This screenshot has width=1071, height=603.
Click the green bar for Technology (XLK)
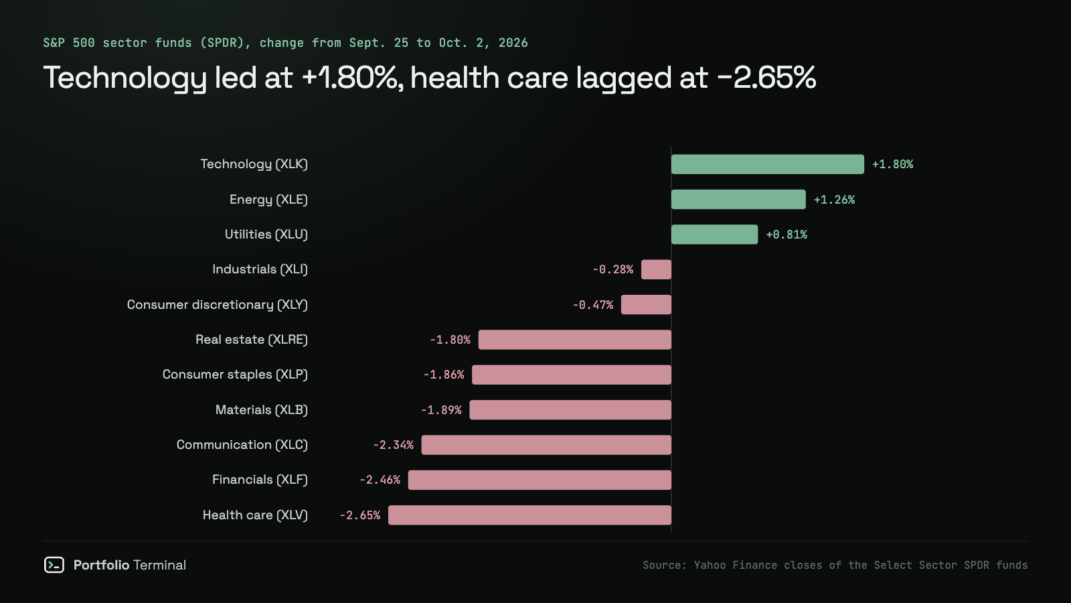tap(767, 164)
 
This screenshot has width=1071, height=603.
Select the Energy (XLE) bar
tap(738, 200)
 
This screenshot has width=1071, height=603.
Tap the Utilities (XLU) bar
tap(714, 234)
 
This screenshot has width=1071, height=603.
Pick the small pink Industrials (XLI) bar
tap(656, 269)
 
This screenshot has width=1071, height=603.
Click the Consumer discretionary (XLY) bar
tap(646, 305)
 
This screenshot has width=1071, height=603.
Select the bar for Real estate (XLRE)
tap(575, 340)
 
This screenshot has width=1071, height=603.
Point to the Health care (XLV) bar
tap(529, 515)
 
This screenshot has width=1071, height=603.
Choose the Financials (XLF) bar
tap(540, 480)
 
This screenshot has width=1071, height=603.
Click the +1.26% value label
tap(834, 200)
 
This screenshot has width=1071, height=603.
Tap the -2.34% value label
tap(393, 445)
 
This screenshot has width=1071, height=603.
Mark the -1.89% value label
tap(441, 410)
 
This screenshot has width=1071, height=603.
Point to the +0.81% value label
tap(787, 234)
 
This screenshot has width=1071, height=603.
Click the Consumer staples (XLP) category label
tap(235, 375)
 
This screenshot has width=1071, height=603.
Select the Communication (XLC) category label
tap(242, 445)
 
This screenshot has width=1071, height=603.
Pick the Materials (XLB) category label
tap(262, 410)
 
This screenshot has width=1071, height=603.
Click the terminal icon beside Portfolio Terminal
tap(54, 565)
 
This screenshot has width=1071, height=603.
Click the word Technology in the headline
tap(125, 78)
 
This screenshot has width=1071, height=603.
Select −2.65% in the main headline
tap(766, 78)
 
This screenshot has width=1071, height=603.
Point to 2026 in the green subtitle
tap(513, 43)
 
